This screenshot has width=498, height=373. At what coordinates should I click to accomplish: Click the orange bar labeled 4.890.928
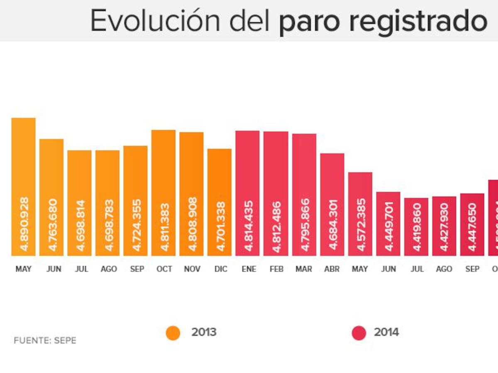23,186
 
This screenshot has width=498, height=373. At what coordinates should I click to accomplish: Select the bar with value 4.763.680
51,197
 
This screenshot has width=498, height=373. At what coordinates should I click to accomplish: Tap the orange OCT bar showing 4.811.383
164,193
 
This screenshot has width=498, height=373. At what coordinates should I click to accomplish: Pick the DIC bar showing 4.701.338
220,202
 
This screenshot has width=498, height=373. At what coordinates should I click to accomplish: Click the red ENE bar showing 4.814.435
247,193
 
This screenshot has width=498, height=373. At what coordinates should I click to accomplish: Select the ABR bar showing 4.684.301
332,204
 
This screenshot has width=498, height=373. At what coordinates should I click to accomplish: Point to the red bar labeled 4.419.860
416,227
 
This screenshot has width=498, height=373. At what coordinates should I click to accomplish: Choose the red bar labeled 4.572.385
360,214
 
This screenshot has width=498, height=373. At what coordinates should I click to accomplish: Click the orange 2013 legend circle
173,333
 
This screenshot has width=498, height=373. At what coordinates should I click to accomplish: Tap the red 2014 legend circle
359,333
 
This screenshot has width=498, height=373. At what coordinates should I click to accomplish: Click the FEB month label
276,269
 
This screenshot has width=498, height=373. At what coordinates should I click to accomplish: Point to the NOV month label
192,269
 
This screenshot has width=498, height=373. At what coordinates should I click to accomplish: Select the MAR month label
304,269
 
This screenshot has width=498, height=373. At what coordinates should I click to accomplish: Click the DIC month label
221,269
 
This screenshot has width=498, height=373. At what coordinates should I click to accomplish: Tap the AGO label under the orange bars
108,269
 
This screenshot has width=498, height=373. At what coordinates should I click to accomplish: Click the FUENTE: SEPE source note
45,341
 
